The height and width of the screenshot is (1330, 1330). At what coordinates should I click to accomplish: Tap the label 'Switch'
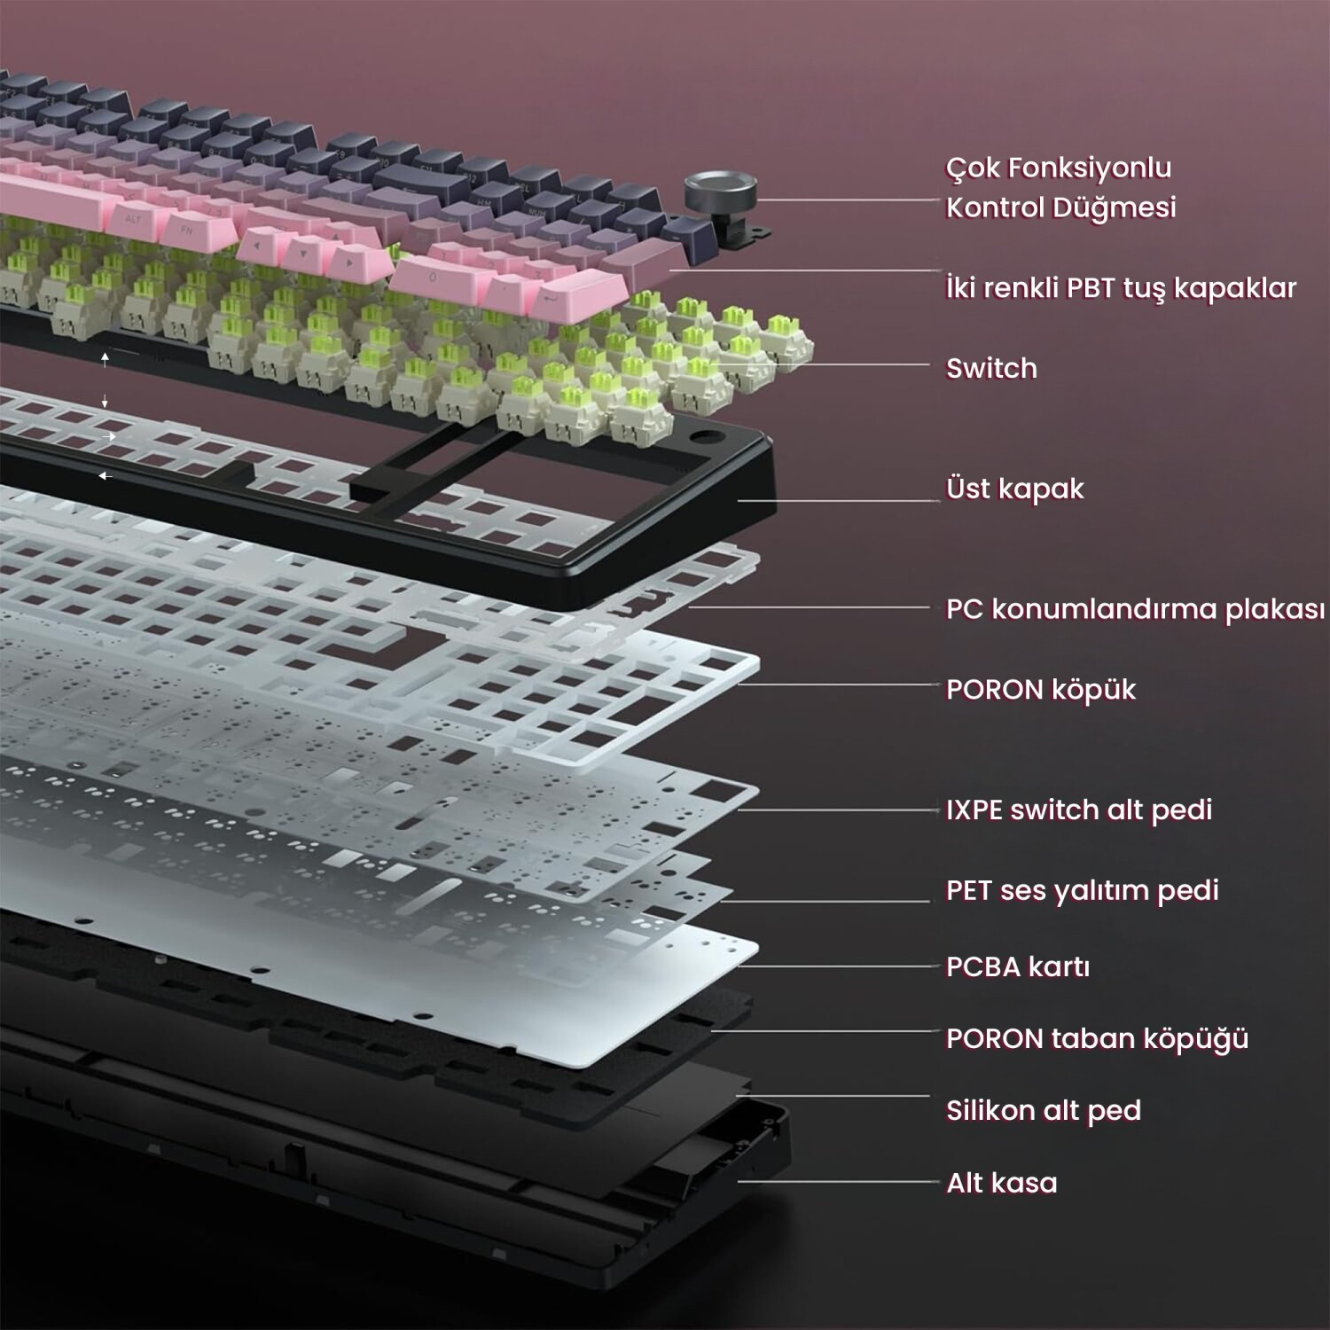[x=991, y=368]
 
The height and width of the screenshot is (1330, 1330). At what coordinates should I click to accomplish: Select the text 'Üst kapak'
[x=1014, y=488]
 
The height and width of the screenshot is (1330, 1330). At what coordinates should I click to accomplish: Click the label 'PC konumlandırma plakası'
[x=1135, y=609]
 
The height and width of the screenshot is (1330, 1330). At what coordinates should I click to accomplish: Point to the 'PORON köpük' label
[x=1041, y=689]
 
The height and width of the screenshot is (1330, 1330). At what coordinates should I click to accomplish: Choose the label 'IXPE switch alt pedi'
[x=1079, y=810]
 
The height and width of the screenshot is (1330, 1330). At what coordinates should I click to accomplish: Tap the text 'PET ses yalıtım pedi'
[x=1083, y=889]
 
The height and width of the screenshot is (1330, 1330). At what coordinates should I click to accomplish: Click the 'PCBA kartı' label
[x=1018, y=966]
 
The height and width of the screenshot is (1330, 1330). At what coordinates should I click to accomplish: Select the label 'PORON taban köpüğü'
[x=1097, y=1038]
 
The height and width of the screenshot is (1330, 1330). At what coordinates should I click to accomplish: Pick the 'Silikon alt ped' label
[x=1044, y=1110]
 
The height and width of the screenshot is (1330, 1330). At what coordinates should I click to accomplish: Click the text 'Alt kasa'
[x=1002, y=1183]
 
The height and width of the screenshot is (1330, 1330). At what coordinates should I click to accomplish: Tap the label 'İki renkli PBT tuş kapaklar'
[x=1121, y=287]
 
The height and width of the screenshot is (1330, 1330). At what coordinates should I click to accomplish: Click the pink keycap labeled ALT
[x=133, y=220]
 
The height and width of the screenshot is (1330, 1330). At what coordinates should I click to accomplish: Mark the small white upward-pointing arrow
[x=105, y=358]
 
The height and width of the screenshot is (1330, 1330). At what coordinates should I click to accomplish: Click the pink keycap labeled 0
[x=434, y=278]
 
